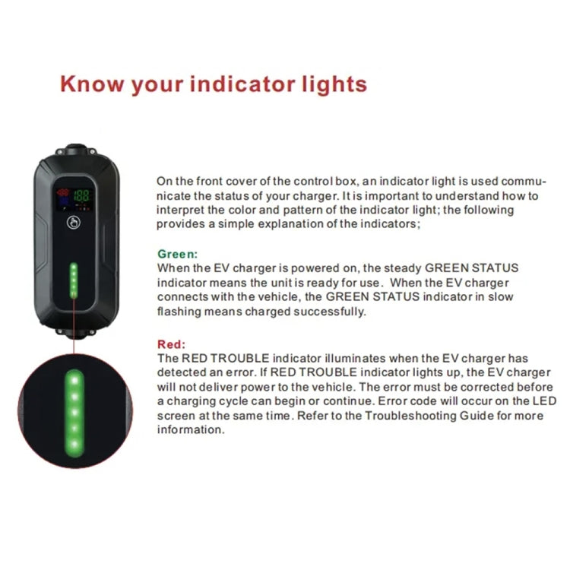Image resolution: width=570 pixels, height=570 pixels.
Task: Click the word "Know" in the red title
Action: tap(92, 84)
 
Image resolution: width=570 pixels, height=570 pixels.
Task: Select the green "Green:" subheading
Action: tap(177, 254)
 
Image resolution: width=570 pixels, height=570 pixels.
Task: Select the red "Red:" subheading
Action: tap(171, 344)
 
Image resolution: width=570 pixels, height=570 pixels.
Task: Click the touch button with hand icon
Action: tap(74, 223)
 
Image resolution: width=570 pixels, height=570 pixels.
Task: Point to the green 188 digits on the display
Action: tap(82, 196)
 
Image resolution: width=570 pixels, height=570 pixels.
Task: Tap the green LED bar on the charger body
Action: tap(74, 280)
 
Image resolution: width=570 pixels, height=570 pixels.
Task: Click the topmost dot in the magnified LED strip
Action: tap(75, 381)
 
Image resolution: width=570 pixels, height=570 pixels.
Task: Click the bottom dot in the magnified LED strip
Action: tap(75, 445)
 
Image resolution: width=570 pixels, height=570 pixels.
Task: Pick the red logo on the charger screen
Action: tap(63, 192)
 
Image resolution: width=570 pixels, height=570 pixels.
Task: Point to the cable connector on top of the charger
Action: tap(75, 149)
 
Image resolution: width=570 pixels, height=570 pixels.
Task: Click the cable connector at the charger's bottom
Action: tap(75, 333)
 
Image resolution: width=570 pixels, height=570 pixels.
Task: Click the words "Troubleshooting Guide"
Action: tap(429, 416)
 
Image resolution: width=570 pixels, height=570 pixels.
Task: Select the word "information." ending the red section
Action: tap(191, 429)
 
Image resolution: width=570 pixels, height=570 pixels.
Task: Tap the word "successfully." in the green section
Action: tap(330, 312)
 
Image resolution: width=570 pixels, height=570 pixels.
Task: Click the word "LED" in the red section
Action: tap(545, 401)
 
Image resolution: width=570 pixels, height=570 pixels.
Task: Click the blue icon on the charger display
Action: tap(64, 201)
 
